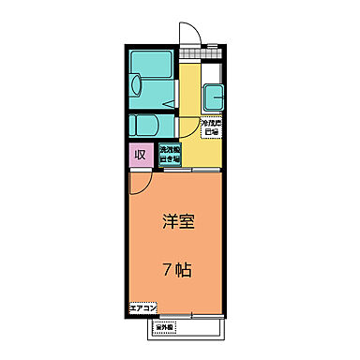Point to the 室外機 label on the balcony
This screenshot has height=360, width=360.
tap(165, 328)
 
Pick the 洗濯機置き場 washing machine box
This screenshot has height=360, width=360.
tap(170, 154)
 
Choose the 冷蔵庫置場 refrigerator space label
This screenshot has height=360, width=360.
tap(210, 126)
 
